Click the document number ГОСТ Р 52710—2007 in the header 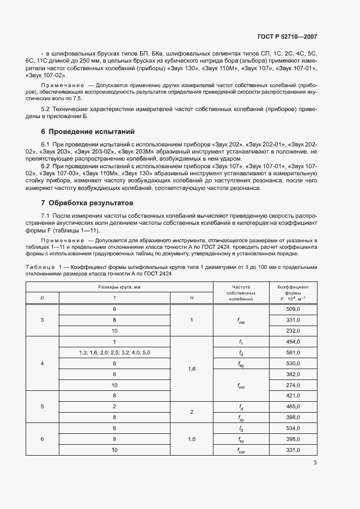(x=286, y=37)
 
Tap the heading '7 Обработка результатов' (x=87, y=203)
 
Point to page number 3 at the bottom (x=315, y=463)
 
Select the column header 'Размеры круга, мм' (x=119, y=286)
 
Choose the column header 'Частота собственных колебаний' (x=241, y=292)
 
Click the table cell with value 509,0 (x=294, y=309)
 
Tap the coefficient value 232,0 (x=294, y=330)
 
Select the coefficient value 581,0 (x=294, y=352)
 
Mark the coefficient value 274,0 (x=294, y=385)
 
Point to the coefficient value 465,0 (x=294, y=407)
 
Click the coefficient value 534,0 (x=294, y=428)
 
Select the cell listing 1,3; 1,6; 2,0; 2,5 (x=114, y=352)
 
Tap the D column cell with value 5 (x=42, y=407)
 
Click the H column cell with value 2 (x=192, y=412)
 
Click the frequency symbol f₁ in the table (x=240, y=341)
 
